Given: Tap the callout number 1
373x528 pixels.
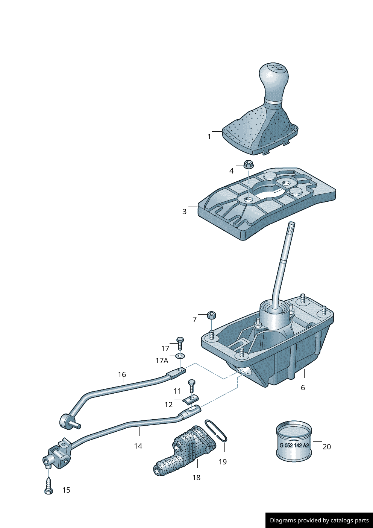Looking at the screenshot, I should click(x=209, y=137).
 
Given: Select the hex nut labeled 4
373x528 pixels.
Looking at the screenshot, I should click(x=248, y=164).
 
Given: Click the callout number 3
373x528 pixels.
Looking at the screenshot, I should click(x=184, y=212).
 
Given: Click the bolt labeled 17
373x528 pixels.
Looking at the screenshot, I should click(x=180, y=343).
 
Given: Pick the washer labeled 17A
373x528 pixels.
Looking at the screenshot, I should click(x=180, y=356).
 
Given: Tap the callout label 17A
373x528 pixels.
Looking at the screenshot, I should click(x=162, y=361).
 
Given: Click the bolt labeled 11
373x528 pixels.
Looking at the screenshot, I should click(x=191, y=385).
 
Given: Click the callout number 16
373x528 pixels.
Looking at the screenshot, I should click(x=122, y=374).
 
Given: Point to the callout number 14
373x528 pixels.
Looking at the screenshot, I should click(x=138, y=446).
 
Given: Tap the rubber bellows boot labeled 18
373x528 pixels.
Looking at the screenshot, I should click(x=186, y=450).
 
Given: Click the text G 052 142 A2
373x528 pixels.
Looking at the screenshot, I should click(x=294, y=445).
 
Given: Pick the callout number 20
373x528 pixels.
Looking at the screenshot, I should click(x=327, y=447).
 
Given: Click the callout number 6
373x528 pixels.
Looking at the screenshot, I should click(x=303, y=388).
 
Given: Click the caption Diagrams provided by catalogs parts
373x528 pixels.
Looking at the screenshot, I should click(x=319, y=520).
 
